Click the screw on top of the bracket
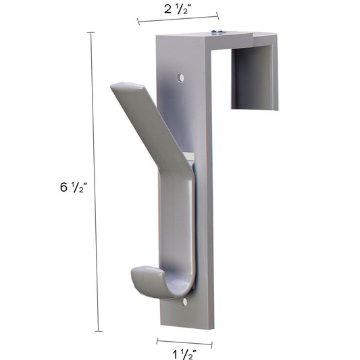coord(217,32)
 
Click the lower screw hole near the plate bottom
coord(185,303)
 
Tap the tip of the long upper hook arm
coord(126,87)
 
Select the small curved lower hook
coord(151,281)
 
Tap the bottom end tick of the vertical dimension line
coord(99,331)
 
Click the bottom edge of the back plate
coord(186,325)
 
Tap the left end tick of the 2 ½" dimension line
coord(138,22)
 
